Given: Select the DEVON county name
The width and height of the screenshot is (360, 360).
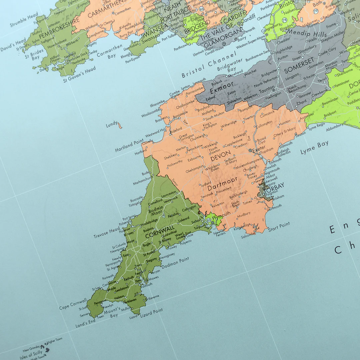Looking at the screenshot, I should click(x=220, y=156).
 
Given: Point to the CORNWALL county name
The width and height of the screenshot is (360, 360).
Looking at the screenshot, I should click(x=160, y=231).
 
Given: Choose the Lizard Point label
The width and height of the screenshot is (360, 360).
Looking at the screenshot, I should click(x=151, y=312).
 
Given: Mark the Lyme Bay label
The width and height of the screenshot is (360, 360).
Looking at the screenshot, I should click(x=314, y=147).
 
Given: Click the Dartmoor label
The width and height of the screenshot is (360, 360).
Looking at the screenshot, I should click(x=223, y=183).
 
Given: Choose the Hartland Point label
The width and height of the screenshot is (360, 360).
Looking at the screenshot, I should click(x=129, y=146).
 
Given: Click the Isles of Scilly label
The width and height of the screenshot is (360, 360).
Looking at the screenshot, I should click(x=31, y=354).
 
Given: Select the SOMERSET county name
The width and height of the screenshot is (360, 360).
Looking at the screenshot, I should click(x=299, y=65).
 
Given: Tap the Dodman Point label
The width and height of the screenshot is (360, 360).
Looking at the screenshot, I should click(x=175, y=263).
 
